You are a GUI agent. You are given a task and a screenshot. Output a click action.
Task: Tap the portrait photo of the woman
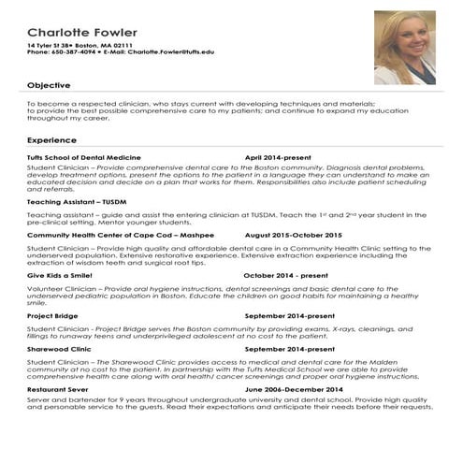pyautogui.click(x=404, y=47)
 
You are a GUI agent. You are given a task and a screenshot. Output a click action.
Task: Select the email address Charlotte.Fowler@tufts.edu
pyautogui.click(x=170, y=52)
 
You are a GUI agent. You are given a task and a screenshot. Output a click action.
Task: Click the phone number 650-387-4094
pyautogui.click(x=75, y=52)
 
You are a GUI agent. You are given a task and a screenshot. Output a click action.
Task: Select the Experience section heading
pyautogui.click(x=52, y=139)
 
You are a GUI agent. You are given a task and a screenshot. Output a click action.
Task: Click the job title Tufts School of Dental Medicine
pyautogui.click(x=84, y=157)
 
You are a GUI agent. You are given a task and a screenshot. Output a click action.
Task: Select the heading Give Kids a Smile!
pyautogui.click(x=60, y=276)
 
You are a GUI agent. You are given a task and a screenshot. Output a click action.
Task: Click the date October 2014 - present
pyautogui.click(x=286, y=276)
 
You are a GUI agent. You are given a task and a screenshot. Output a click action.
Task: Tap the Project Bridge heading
pyautogui.click(x=53, y=317)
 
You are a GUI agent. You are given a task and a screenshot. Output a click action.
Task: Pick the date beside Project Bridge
pyautogui.click(x=289, y=317)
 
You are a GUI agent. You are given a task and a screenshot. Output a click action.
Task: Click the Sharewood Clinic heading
pyautogui.click(x=59, y=348)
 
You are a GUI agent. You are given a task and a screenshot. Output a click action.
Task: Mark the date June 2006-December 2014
pyautogui.click(x=294, y=388)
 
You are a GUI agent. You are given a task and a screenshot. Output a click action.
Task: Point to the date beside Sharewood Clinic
pyautogui.click(x=289, y=348)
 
